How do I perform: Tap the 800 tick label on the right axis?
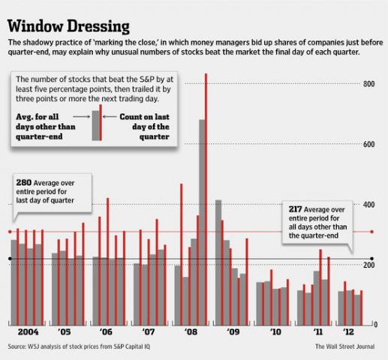[368, 83]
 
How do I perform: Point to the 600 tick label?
[368, 144]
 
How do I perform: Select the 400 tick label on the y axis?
[368, 204]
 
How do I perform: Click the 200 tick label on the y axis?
[368, 265]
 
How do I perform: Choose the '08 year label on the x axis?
[191, 331]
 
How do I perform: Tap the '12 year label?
[350, 331]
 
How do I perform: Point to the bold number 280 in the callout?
[25, 181]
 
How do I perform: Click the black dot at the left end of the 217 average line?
[9, 259]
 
